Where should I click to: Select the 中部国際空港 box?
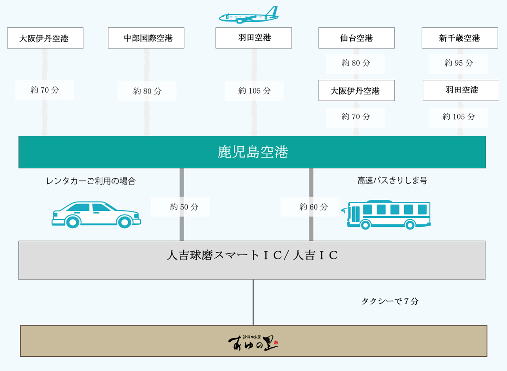coord(146,38)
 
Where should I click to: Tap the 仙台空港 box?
coord(356,38)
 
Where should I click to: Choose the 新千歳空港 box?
coord(459,38)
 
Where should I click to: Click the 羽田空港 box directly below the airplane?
coord(253,38)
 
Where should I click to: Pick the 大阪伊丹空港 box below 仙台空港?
coord(356,90)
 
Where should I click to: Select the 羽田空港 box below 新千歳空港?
coord(460,90)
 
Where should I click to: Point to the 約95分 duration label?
coord(459,63)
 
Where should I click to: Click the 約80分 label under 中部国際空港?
coord(147,91)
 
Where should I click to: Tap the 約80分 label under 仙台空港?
coord(355,63)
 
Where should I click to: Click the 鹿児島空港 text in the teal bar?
coord(253,152)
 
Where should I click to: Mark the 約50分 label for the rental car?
coord(184,207)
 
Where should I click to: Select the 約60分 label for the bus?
coord(313,207)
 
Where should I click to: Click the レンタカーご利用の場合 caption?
coord(91,181)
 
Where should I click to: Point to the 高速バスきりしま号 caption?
coord(392,181)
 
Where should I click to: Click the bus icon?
coord(388,215)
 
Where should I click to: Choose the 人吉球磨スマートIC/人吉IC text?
coord(252,256)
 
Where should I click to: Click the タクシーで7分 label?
coord(390,301)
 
